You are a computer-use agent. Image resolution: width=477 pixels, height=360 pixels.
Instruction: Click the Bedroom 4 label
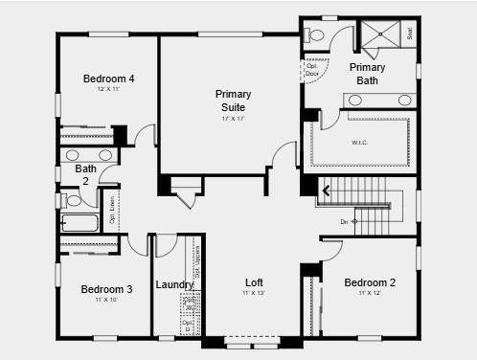[x=108, y=79]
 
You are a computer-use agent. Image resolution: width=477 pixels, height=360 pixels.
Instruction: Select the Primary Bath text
[x=367, y=74]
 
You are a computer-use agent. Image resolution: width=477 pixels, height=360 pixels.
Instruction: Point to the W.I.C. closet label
[x=360, y=144]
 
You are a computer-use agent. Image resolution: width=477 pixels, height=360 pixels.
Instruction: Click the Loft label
[x=254, y=282]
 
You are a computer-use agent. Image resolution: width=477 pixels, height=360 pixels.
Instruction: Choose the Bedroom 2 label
[x=370, y=282]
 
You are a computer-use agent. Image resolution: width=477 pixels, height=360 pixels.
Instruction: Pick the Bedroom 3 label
[x=106, y=289]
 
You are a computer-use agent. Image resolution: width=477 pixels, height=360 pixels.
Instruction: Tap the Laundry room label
[x=174, y=284]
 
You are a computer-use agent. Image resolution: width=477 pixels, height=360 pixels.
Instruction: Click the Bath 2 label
[x=85, y=174]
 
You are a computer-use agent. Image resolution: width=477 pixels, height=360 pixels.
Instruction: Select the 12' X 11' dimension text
[x=108, y=89]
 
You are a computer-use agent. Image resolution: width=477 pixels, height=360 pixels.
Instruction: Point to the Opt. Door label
[x=312, y=70]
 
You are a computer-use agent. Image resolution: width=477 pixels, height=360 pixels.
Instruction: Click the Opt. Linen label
[x=112, y=210]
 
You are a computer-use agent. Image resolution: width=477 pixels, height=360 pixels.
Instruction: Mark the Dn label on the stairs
[x=344, y=221]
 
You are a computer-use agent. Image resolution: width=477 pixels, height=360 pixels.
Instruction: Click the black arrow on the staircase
[x=326, y=191]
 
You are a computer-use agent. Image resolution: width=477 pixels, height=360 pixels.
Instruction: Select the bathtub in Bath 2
[x=79, y=224]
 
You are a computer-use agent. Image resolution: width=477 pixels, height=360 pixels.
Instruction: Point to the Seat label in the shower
[x=410, y=32]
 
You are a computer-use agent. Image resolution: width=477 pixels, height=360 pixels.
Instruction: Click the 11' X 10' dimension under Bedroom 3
[x=106, y=300]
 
